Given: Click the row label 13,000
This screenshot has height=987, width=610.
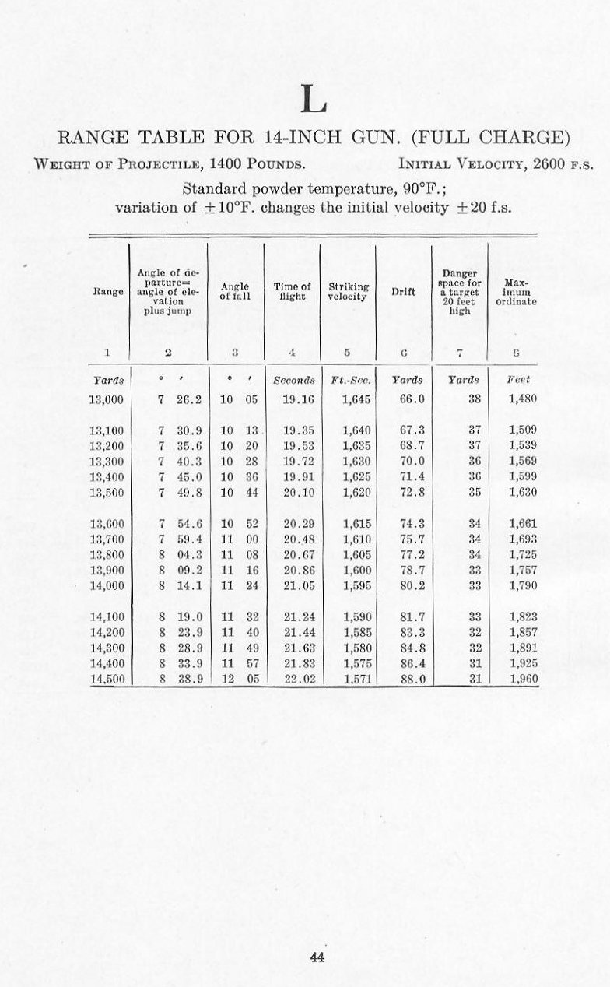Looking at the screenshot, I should (x=107, y=399).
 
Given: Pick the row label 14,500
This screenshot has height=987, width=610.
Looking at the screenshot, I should (x=107, y=679).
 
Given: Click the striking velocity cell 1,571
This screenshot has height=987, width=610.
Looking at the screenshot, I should (x=357, y=679).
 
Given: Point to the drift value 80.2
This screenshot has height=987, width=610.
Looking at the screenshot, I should (x=412, y=585).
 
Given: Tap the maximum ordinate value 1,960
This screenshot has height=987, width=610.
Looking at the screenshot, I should (x=523, y=679).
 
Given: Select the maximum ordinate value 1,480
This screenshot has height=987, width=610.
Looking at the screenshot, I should (x=523, y=399).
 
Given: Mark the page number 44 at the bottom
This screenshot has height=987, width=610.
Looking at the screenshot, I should (x=317, y=958).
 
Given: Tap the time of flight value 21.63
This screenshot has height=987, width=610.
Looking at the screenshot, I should (x=293, y=648).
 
